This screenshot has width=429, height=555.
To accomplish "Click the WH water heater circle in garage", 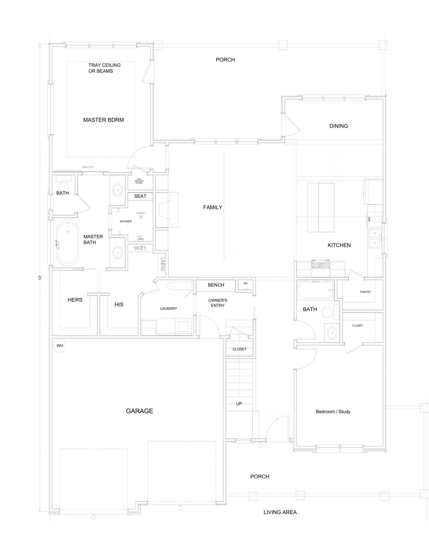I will coord(60,345).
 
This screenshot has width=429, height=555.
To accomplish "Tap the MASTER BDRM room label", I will coord(103,120).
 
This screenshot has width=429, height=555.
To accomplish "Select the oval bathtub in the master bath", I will coord(67,243).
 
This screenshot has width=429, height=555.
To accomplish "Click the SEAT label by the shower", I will coord(140,196).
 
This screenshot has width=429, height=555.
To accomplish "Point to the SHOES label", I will coord(140,248).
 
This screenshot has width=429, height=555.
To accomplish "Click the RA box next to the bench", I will coord(245,284).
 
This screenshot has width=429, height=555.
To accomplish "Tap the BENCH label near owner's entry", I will coord(216,285).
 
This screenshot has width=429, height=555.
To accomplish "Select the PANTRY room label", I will coord(365,292).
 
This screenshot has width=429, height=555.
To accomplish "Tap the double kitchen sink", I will coord(375,238).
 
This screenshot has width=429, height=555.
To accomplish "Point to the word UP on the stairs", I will coord(239,404).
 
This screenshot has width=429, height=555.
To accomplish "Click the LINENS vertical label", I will coord(163,264).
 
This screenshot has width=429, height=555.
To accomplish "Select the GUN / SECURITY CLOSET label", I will coord(139,181).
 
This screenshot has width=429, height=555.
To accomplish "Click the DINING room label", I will coord(338,126).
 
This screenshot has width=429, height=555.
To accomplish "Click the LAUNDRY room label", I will coord(169,308).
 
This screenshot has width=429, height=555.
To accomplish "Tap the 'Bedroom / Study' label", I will coord(333,412).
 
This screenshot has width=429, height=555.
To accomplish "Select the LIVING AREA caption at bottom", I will coord(280,512).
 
